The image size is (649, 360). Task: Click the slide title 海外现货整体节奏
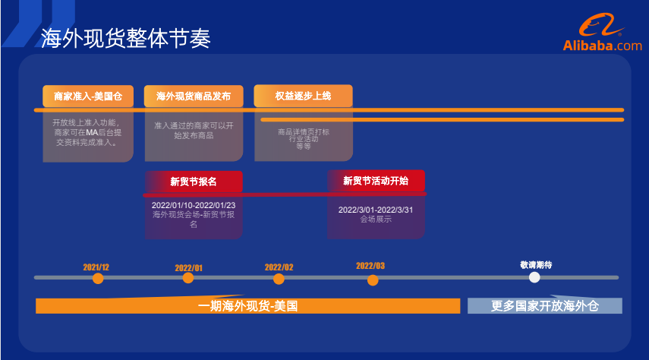pos(126,37)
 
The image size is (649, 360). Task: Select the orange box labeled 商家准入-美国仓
pos(88,96)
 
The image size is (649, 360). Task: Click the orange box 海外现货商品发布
pos(194,96)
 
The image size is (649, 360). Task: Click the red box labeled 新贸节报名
pos(194,182)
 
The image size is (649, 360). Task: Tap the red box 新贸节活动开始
pos(376,181)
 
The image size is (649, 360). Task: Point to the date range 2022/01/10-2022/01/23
pos(194,205)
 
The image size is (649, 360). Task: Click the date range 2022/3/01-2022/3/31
pos(376,210)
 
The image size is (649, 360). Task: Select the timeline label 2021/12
pos(96,267)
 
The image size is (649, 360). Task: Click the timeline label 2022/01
pos(189,267)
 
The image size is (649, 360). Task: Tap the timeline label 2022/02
pos(279,267)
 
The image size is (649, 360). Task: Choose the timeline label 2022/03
pos(370,266)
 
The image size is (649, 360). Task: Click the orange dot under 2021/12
pos(98,278)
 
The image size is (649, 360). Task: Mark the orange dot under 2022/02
pos(279,279)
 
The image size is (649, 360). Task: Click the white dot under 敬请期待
pos(534,277)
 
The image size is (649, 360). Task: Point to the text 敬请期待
pos(536,264)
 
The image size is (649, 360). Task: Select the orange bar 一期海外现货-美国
pos(247,306)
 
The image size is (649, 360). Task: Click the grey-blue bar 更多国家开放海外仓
pos(544,306)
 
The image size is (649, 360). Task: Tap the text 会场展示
pos(376,219)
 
